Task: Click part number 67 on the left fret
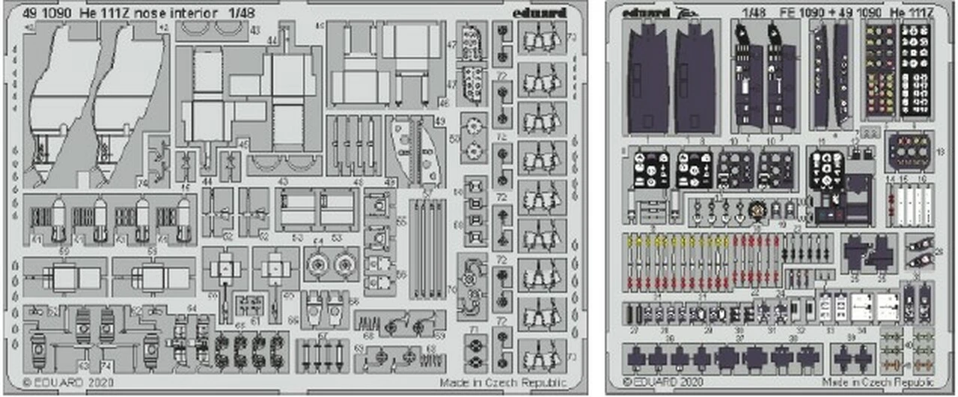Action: [321, 335]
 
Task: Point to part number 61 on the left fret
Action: [255, 321]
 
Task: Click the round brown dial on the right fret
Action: [755, 210]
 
